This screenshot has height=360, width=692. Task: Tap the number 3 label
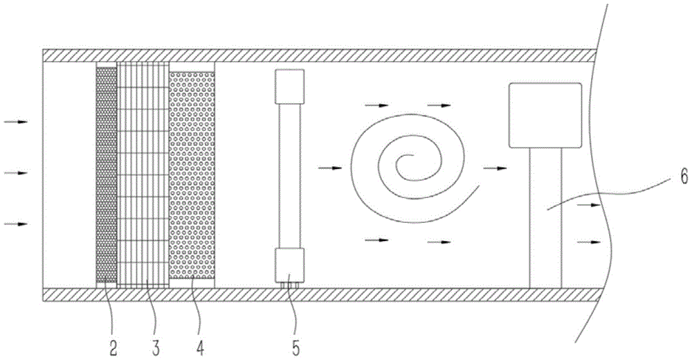click(156, 344)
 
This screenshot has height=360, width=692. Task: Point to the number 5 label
click(296, 344)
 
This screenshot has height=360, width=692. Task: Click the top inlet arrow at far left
click(16, 122)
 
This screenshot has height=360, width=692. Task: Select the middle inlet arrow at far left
click(16, 172)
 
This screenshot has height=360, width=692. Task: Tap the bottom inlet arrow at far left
click(16, 224)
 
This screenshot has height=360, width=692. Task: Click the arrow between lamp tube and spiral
click(331, 168)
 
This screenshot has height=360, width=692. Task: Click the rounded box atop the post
click(545, 115)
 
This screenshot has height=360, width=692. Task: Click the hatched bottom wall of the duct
click(311, 296)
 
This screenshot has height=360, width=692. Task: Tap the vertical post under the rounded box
click(545, 218)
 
